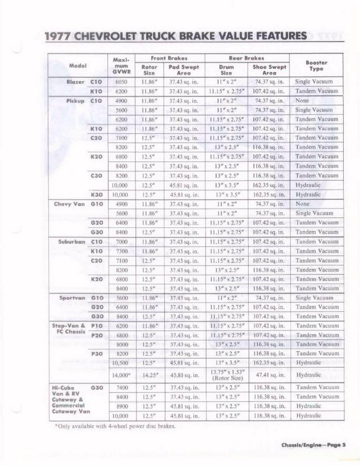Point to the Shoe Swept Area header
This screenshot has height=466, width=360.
(269, 70)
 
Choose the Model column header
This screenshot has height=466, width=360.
(77, 65)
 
